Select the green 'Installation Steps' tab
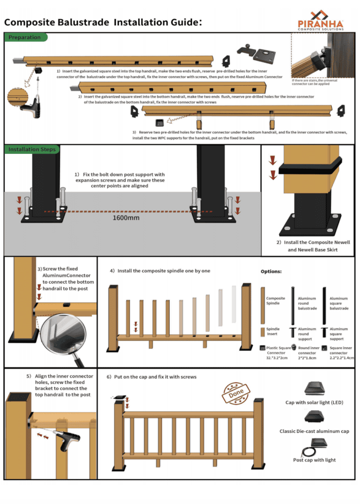coord(31,150)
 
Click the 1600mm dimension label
coord(126,218)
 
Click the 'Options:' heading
coord(271,271)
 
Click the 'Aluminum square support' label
coord(338,334)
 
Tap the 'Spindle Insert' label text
coord(272,331)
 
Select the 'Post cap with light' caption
coord(314,460)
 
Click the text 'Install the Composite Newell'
coord(317,242)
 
